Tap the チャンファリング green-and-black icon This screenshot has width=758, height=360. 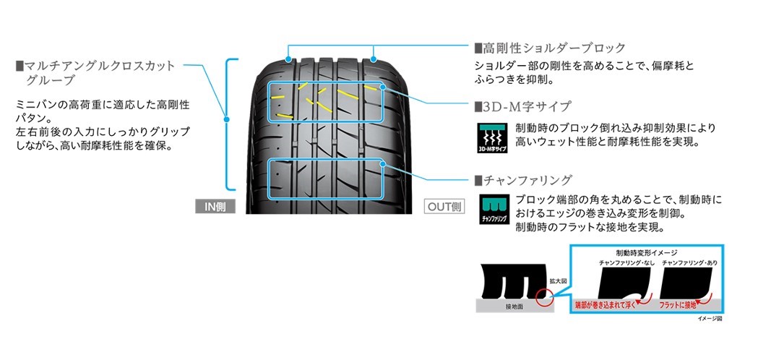(x=494, y=210)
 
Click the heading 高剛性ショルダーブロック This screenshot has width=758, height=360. (x=554, y=48)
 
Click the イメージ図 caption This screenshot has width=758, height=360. (x=710, y=318)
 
